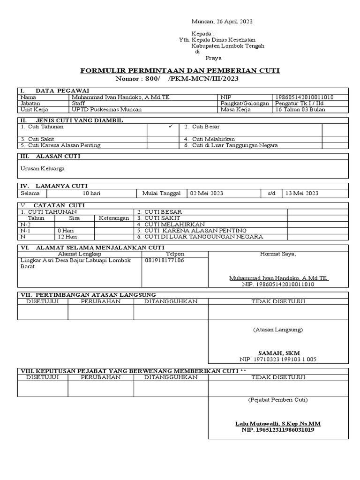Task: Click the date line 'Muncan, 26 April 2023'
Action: pyautogui.click(x=222, y=22)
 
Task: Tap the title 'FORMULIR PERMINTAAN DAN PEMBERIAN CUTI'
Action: pyautogui.click(x=180, y=70)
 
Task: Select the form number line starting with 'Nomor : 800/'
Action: pyautogui.click(x=180, y=78)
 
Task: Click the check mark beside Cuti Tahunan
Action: pyautogui.click(x=171, y=127)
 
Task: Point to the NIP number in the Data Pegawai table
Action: pyautogui.click(x=305, y=97)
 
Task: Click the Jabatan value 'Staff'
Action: pyautogui.click(x=78, y=103)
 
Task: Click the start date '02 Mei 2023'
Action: pyautogui.click(x=206, y=193)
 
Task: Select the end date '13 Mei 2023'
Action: pyautogui.click(x=301, y=193)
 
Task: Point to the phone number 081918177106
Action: pyautogui.click(x=165, y=260)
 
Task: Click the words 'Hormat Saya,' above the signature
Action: pyautogui.click(x=278, y=254)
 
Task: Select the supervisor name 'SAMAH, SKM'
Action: pyautogui.click(x=279, y=353)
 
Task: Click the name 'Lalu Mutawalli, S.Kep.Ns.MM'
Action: pyautogui.click(x=278, y=423)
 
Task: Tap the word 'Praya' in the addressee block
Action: pyautogui.click(x=214, y=58)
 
